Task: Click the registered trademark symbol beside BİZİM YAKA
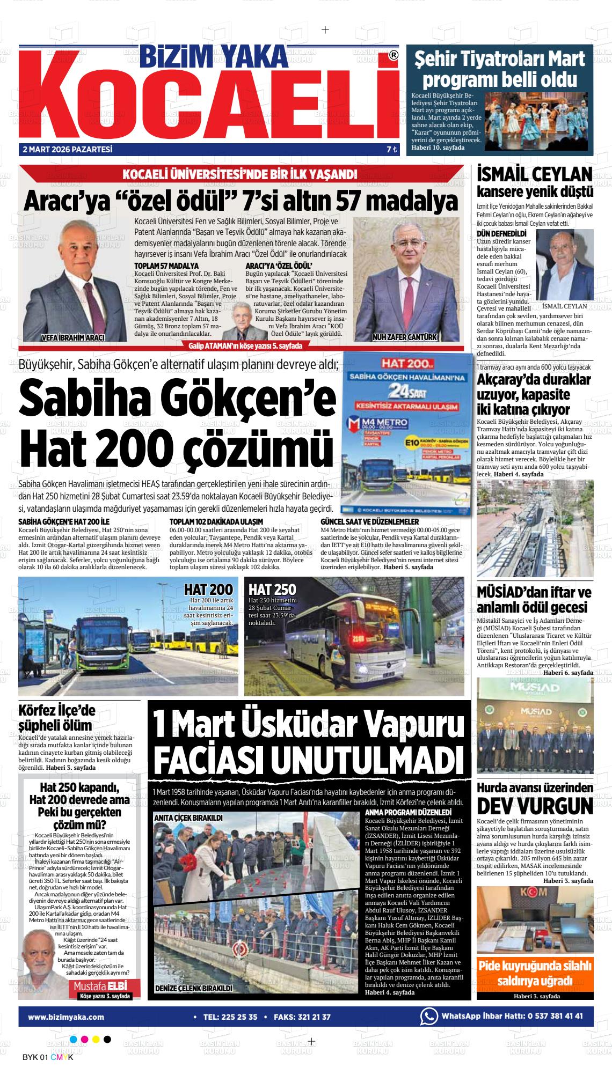tap(394, 56)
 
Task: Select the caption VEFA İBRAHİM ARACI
tap(73, 337)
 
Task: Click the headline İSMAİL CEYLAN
tap(535, 174)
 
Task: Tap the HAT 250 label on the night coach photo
tap(272, 589)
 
